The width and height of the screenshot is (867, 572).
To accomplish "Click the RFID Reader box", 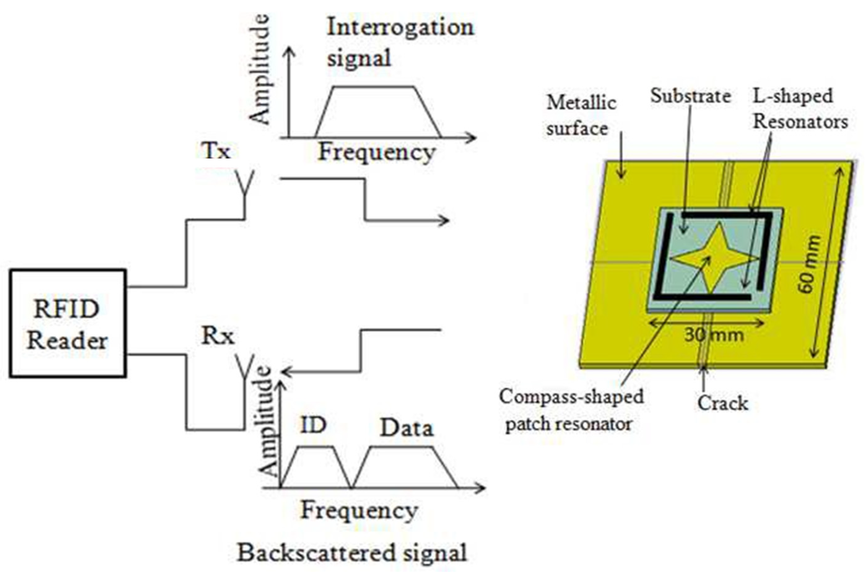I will click(68, 323).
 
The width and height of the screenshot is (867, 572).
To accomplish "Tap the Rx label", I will click(217, 336).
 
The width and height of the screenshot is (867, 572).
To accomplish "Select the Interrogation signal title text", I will click(399, 42).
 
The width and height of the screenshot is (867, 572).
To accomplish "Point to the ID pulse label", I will click(313, 425).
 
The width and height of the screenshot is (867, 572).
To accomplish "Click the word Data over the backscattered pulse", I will click(407, 428).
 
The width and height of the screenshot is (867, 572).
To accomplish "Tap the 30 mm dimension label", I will click(714, 335).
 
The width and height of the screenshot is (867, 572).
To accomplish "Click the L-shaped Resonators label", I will click(799, 109).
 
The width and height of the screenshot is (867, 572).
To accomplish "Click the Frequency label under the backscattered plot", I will click(359, 511).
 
